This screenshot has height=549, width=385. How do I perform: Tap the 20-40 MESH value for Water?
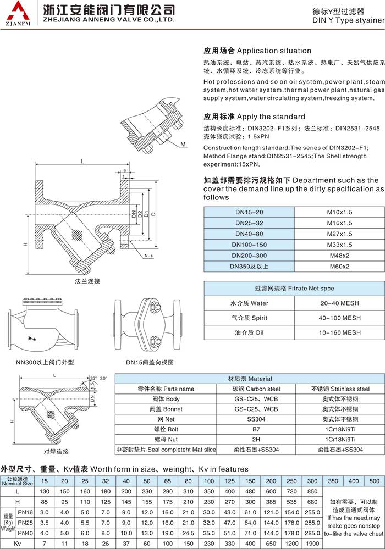[x=339, y=303]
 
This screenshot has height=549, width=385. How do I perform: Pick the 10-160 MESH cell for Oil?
[x=339, y=332]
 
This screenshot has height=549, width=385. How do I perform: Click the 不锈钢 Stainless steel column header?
[x=339, y=389]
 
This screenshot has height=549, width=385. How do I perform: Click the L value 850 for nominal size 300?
[x=312, y=491]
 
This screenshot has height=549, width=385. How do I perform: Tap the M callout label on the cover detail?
[x=183, y=145]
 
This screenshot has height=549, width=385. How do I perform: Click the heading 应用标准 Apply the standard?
[x=254, y=117]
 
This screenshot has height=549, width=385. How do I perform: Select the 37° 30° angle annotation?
[x=99, y=378]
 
